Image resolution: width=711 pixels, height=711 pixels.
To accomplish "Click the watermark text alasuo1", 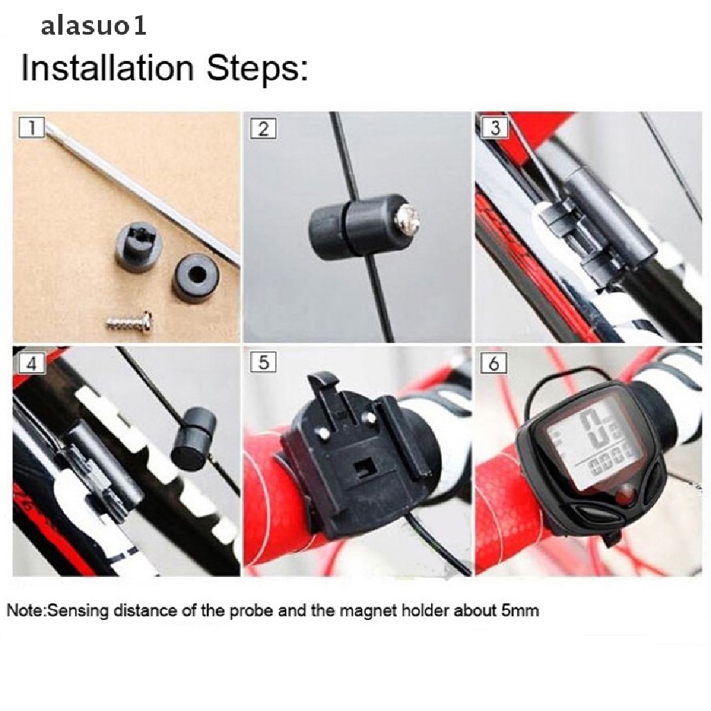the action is coord(94,26).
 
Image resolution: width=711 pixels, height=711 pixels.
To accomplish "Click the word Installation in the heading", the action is coord(108,67).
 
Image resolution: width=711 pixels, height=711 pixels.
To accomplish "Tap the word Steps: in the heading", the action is coord(257,68).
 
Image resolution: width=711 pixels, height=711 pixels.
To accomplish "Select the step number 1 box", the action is coord(31,128).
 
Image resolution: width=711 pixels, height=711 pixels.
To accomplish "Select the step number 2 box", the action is coord(263,128).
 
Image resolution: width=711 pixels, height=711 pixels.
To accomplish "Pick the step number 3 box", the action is coord(494,128).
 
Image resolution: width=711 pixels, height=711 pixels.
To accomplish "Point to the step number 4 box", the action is coord(31,363).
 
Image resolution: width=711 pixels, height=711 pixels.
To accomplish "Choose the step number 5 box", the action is coord(263,362).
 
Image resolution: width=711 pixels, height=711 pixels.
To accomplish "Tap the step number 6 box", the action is coord(494,362).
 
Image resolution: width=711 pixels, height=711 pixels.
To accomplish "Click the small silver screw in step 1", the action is coord(129,321).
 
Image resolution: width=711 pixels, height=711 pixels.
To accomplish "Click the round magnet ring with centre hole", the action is coord(196,275).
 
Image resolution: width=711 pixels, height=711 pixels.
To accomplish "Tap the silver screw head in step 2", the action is coord(407,219).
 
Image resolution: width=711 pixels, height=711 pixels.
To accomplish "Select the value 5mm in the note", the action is coord(520,610).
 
